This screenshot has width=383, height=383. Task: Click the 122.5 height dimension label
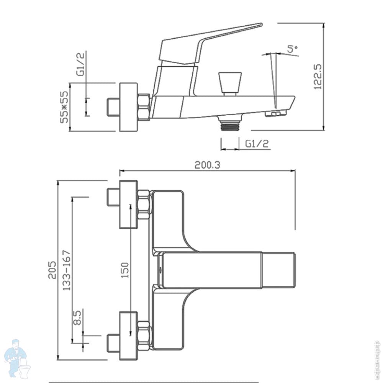coord(318,77)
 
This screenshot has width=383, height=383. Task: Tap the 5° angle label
coord(292,48)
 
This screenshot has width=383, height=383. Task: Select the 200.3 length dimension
coord(207,165)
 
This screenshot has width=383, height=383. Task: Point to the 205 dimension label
coord(52,270)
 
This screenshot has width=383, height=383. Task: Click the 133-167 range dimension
coord(66,270)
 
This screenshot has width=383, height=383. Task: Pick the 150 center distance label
coord(124,270)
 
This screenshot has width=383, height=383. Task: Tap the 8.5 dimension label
coord(77,318)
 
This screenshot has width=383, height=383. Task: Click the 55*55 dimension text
coord(64,107)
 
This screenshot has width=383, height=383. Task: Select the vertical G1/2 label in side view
coord(80,64)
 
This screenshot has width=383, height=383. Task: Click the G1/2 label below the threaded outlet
coord(257,144)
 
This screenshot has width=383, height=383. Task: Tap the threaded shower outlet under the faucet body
coord(230,125)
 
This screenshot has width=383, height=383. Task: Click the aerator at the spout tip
coord(276,113)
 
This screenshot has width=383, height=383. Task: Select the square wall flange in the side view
coord(128,107)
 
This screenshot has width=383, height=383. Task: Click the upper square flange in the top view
coord(128,205)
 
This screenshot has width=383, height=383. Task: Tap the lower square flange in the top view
coord(128,336)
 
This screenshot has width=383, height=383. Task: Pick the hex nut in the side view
coord(144,107)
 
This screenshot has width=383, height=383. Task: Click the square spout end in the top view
coord(279,270)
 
